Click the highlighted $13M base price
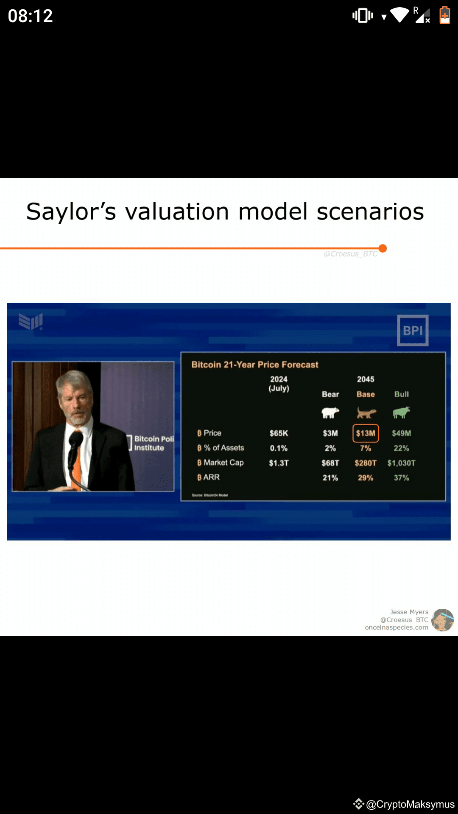coord(366,433)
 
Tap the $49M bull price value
coord(401,433)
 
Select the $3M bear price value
coord(330,433)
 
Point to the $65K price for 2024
coord(279,433)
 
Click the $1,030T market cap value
coord(401,463)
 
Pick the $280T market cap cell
coord(366,463)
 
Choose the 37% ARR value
coord(401,478)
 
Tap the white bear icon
coord(330,413)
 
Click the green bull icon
coord(401,412)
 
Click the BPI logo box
coord(413,330)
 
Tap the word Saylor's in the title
coord(71,212)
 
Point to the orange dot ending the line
coord(383,248)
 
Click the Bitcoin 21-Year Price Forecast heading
coord(255,365)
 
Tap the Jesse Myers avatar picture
coord(443,620)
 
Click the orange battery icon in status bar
coord(444,16)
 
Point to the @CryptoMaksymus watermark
coord(410,804)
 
